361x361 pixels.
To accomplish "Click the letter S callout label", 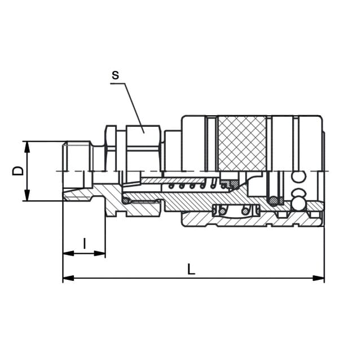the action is pos(115,75).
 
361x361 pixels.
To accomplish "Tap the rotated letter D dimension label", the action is pos(18,170).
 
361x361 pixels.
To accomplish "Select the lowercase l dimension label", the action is pos(85,244).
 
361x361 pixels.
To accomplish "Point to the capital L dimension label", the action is pos(191,270).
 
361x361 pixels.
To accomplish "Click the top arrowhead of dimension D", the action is pos(27,147).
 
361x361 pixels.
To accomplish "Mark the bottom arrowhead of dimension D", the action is pos(27,195).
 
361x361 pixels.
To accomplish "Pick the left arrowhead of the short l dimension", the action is pos(68,253).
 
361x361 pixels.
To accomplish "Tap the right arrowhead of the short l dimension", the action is pos(100,253).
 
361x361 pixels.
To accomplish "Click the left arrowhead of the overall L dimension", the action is pos(68,278).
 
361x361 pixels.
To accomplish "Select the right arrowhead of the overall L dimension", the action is pos(319,278).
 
